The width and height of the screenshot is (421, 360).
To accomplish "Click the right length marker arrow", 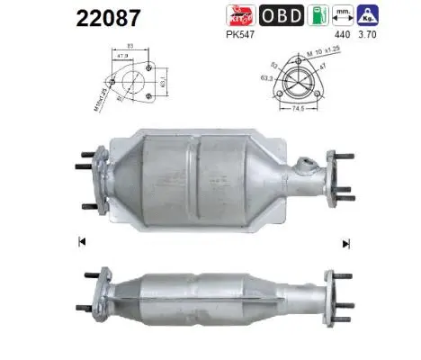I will [x=345, y=242].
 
